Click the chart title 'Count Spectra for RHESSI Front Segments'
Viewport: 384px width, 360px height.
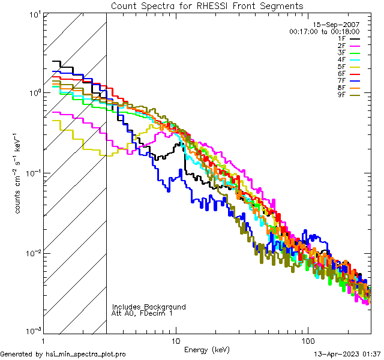coord(207,5)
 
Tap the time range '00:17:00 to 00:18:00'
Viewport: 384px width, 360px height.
coord(324,31)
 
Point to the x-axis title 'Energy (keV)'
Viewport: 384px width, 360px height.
coord(207,350)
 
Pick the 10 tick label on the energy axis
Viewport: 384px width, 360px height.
coord(176,341)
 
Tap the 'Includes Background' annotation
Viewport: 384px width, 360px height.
coord(148,307)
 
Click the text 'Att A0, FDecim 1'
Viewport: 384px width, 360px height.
coord(142,314)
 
